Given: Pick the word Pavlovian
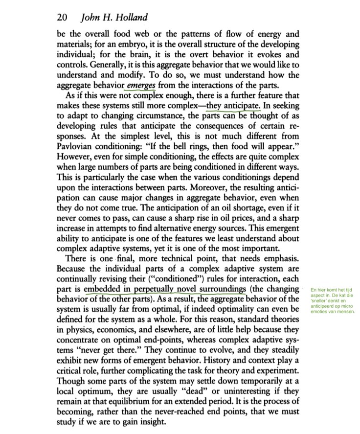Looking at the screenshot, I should click(79, 147).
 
